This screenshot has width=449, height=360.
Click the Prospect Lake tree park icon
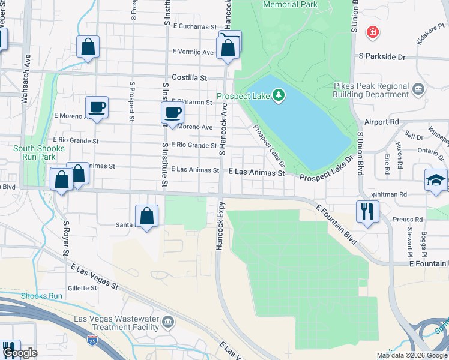[278, 95]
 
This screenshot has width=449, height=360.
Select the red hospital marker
[372, 31]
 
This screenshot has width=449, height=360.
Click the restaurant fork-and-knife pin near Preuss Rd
[367, 211]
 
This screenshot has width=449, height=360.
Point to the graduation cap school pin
[436, 180]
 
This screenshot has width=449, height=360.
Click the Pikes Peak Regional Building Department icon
[418, 90]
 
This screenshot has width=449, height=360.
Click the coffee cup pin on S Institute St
[172, 113]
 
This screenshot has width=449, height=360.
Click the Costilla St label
[189, 77]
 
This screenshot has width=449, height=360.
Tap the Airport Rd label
[385, 122]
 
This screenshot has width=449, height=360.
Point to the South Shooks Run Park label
[35, 152]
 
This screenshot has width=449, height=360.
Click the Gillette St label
[82, 288]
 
